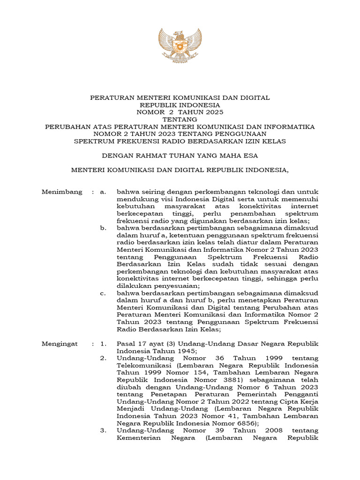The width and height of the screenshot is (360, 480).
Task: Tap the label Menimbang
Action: tap(62, 192)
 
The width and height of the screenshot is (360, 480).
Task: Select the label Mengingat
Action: tap(60, 344)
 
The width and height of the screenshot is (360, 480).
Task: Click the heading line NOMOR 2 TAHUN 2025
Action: tap(180, 112)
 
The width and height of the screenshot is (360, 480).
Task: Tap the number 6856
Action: tap(244, 423)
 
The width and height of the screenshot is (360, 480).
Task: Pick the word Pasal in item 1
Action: tap(126, 344)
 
